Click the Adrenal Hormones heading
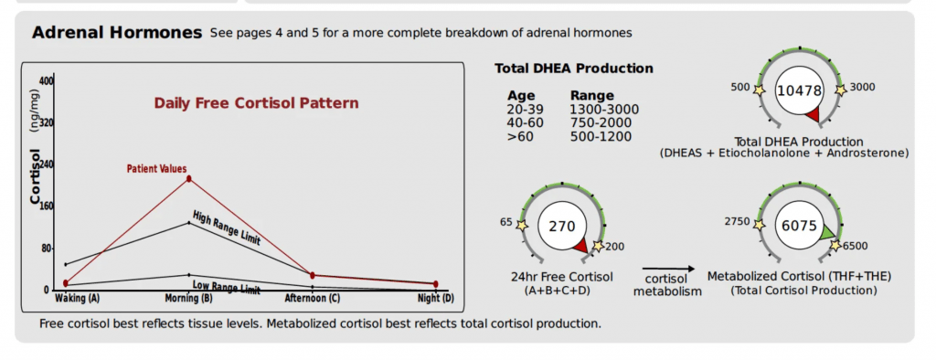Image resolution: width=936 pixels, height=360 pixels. point(116,33)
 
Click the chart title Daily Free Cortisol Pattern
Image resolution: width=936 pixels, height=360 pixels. point(256,103)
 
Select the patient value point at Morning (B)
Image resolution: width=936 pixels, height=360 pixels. point(189,178)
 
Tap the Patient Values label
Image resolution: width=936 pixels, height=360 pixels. point(156,169)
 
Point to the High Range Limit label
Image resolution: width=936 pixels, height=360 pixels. point(227,228)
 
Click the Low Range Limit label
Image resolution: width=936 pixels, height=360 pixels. point(227,288)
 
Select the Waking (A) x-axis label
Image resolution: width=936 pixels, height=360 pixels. point(78,298)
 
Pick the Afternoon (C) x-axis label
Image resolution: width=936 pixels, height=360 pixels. point(313,298)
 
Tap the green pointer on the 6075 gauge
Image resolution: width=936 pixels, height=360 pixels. point(827,234)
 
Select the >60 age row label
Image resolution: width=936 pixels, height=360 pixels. point(520,137)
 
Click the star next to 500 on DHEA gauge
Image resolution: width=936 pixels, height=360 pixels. point(760,89)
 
